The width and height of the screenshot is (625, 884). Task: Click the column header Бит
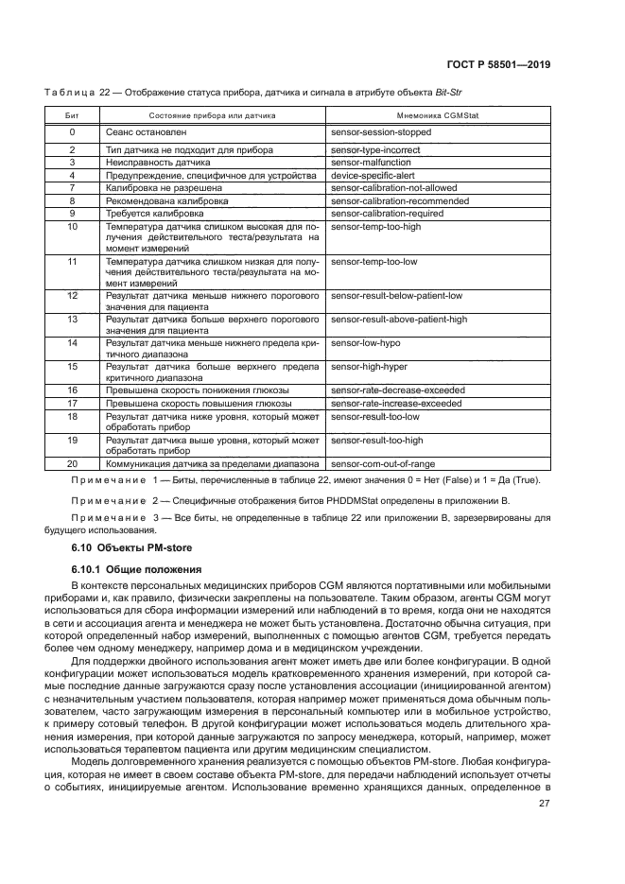tap(72, 113)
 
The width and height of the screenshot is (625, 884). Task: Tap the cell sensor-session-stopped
tap(382, 131)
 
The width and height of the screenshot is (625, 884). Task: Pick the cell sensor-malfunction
tap(371, 163)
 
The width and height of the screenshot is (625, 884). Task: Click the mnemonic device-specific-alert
tap(373, 176)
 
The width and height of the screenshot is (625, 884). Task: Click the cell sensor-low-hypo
tap(365, 342)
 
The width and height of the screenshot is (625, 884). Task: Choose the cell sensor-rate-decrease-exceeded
tap(397, 390)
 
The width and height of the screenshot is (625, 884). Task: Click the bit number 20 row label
tap(72, 464)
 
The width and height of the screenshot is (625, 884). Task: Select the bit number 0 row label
tap(72, 131)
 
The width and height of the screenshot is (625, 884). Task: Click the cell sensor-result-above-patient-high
tap(399, 319)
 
